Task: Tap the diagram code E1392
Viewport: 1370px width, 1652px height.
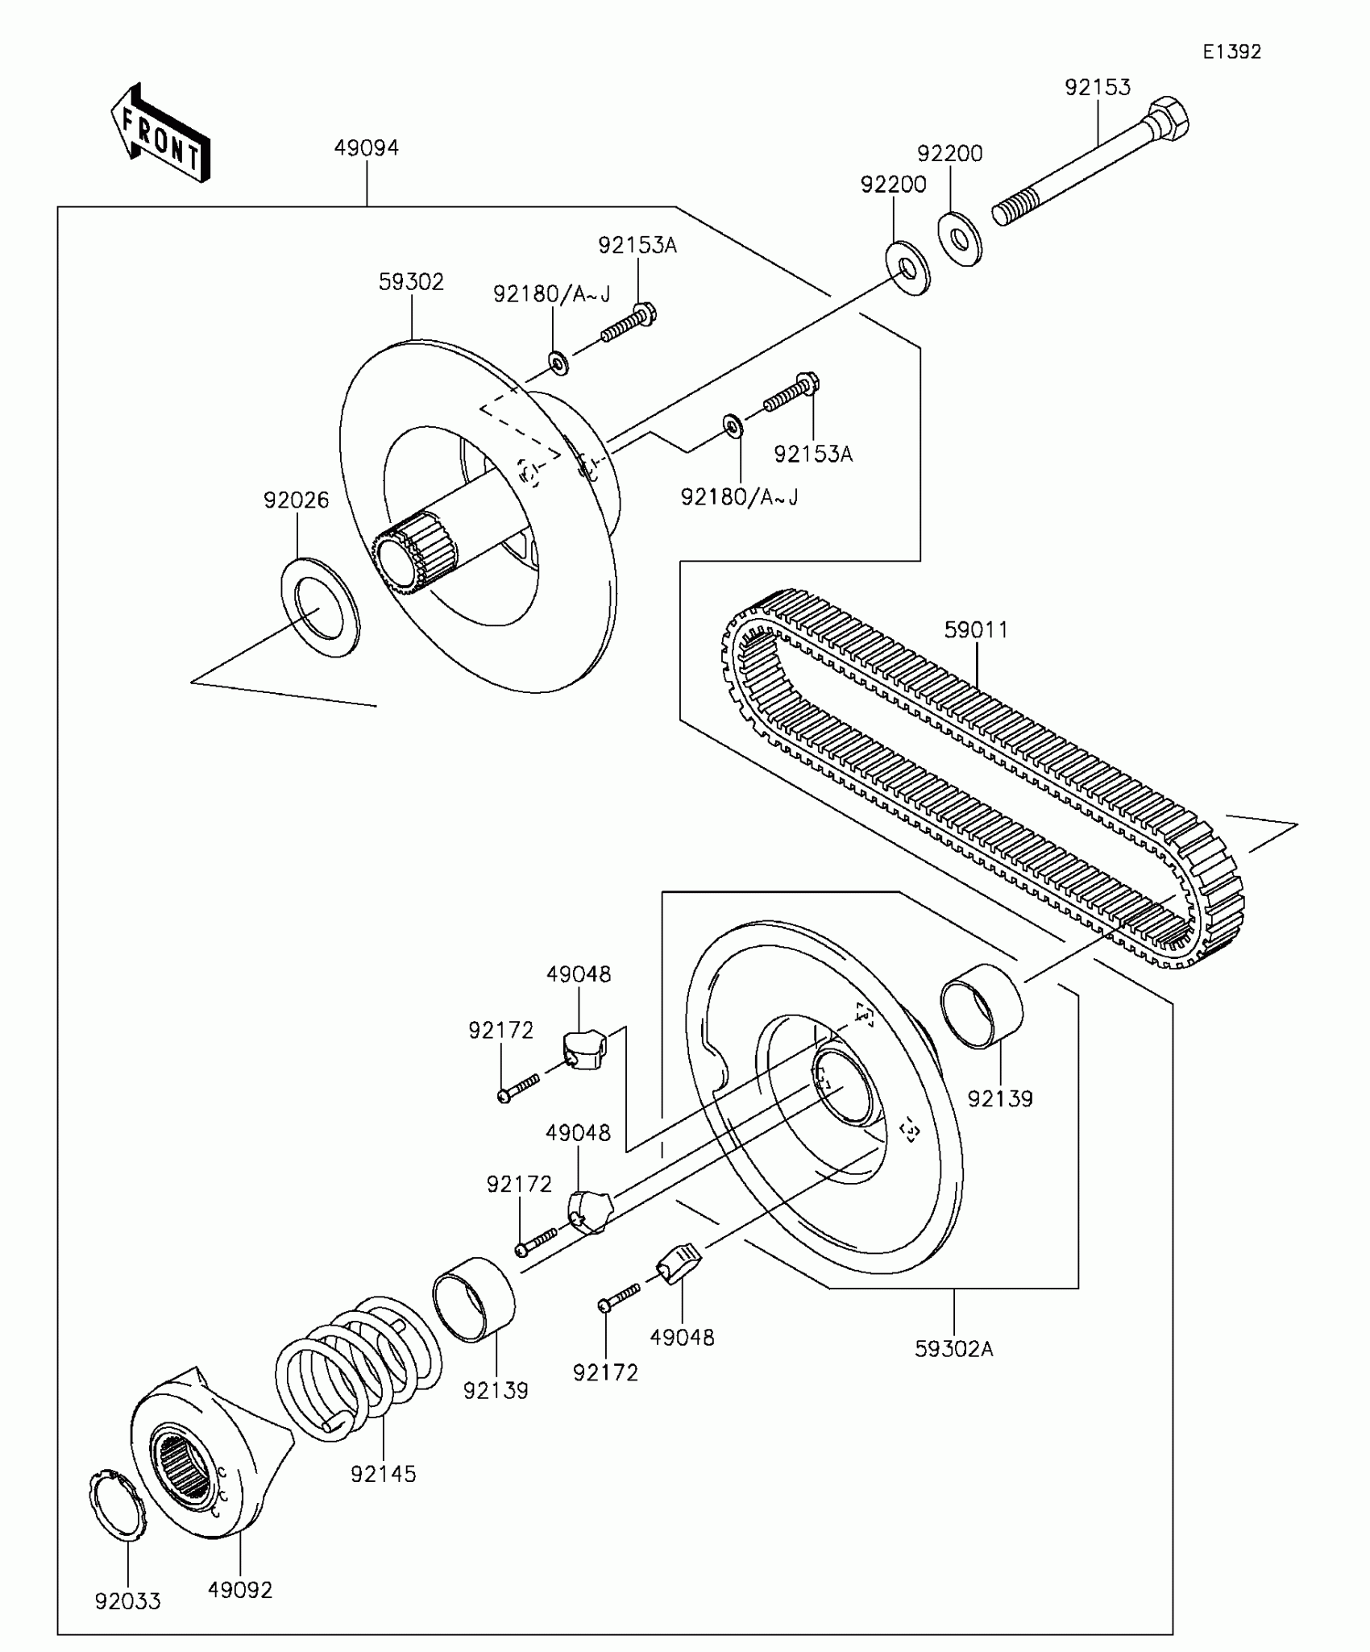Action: click(x=1231, y=52)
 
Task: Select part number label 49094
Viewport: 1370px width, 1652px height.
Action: click(x=367, y=148)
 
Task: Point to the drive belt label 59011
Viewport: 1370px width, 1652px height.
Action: click(x=976, y=629)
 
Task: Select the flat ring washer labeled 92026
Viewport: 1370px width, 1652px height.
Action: click(x=320, y=606)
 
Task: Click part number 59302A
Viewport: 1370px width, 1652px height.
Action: click(x=953, y=1348)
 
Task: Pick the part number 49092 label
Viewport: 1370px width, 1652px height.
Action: click(x=240, y=1589)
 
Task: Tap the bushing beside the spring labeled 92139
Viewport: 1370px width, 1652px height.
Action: click(x=474, y=1299)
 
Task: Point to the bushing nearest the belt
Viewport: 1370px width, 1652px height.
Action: click(x=982, y=1006)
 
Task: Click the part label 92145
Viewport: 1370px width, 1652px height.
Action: click(x=383, y=1474)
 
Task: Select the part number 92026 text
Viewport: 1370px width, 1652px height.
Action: click(x=296, y=500)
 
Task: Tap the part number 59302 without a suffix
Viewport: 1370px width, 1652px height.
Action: click(x=411, y=282)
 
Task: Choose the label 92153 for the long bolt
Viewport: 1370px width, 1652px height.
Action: click(x=1098, y=87)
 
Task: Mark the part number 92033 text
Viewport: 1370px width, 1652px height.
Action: click(x=127, y=1600)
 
